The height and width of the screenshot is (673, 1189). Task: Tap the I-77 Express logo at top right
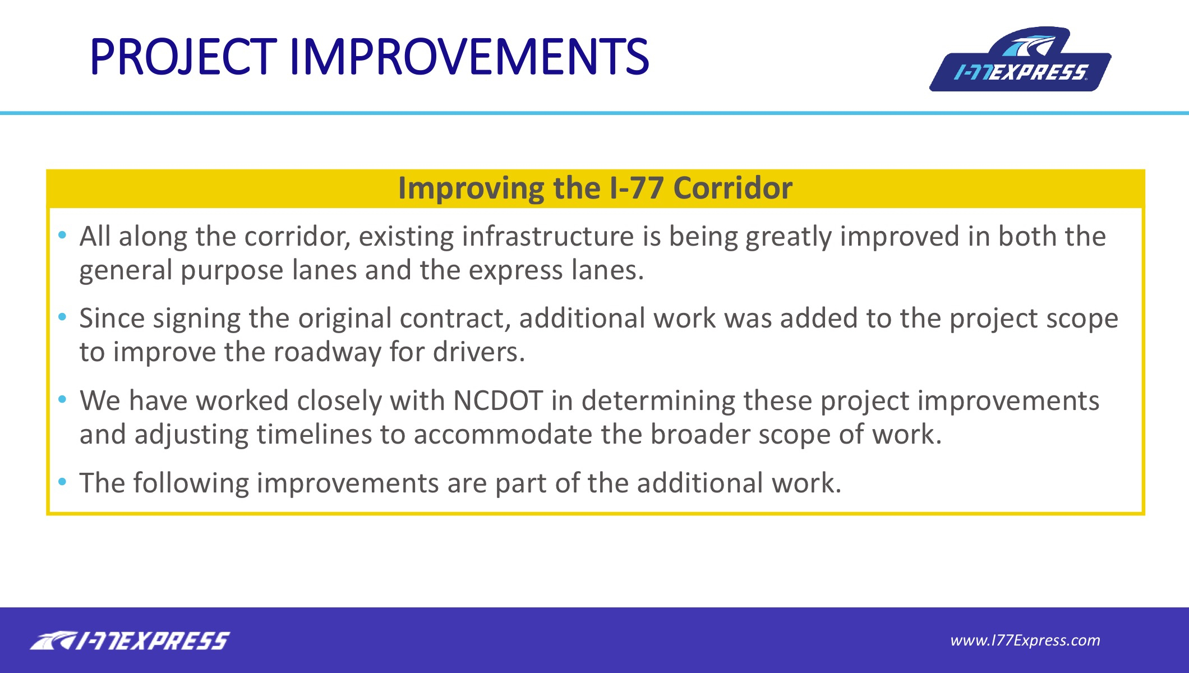coord(1020,59)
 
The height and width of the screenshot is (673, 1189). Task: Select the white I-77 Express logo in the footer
coord(130,640)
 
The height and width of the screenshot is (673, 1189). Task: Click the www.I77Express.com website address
coord(1025,640)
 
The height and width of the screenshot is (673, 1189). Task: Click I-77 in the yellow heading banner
coord(637,188)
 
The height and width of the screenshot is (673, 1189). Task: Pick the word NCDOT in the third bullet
coord(497,400)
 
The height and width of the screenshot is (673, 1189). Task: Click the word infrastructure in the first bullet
coord(548,236)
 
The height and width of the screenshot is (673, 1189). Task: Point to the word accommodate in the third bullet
coord(503,434)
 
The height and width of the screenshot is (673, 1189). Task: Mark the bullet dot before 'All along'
coord(62,234)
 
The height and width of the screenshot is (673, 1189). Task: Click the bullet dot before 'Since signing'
coord(62,317)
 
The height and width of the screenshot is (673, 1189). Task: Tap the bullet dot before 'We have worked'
coord(62,399)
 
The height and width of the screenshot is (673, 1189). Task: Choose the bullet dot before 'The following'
coord(62,482)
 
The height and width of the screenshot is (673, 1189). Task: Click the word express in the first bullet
coord(515,270)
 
